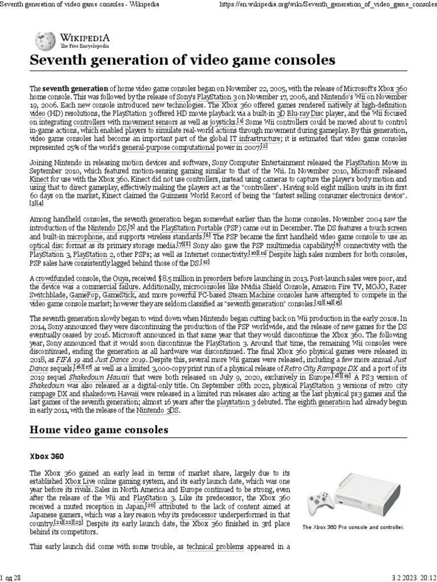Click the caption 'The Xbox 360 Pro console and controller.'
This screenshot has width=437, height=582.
point(353,527)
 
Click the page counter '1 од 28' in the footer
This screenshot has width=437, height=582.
point(11,577)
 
